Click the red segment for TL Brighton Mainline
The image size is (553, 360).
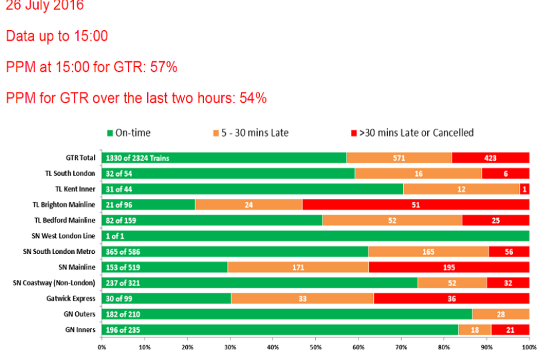pos(416,205)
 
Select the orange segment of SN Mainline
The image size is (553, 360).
pos(298,267)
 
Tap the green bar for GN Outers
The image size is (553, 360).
pos(286,313)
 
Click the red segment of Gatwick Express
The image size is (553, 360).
pos(452,298)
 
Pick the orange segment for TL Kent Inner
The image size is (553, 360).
pos(461,189)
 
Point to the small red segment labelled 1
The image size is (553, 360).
pos(525,189)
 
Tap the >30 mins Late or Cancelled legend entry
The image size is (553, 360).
pos(410,133)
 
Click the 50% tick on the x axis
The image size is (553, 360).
pos(315,347)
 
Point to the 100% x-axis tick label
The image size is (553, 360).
pos(528,347)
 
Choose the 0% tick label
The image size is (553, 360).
pos(102,347)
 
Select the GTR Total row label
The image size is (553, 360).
pos(80,158)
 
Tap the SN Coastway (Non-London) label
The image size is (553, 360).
pos(55,283)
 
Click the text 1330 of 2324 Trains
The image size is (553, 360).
pos(137,158)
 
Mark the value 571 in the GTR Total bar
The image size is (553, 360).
pos(399,158)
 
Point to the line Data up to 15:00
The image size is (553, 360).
pos(57,36)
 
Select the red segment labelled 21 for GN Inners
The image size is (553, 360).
pos(510,329)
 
